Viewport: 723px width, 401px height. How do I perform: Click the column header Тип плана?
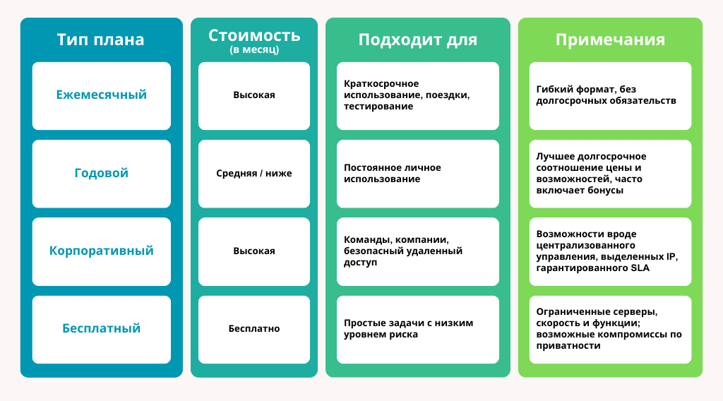(x=100, y=40)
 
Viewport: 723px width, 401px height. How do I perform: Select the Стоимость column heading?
(x=253, y=35)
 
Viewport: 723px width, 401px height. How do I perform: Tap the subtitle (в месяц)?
(x=253, y=50)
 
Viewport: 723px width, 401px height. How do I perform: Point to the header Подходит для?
(x=417, y=40)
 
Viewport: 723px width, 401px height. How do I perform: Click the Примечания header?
(x=610, y=40)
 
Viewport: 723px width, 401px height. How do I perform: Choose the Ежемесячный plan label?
(x=101, y=95)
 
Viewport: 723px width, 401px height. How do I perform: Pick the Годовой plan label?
(x=101, y=173)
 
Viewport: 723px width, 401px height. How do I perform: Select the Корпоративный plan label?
(x=101, y=251)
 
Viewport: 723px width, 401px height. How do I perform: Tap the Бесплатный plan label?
(x=101, y=328)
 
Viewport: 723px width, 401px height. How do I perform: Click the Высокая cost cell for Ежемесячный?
(x=253, y=95)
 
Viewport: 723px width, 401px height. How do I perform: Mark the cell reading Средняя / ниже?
(x=253, y=173)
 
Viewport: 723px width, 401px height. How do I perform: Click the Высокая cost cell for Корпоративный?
(x=253, y=251)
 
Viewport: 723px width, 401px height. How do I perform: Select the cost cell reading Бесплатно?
(x=253, y=328)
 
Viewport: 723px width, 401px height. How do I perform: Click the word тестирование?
(x=378, y=107)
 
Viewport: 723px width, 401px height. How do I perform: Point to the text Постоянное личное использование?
(x=392, y=173)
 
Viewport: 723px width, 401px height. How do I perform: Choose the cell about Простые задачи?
(x=408, y=328)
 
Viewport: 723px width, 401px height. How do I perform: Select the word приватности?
(x=568, y=346)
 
